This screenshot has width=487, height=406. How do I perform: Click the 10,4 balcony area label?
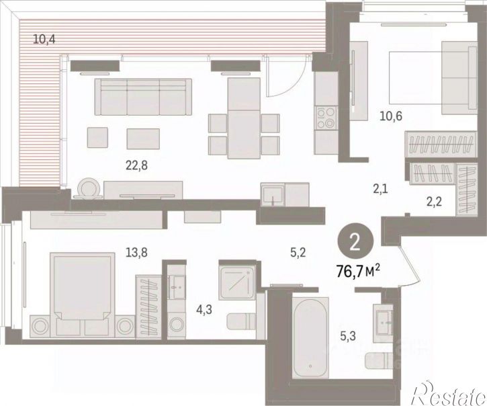point(44,40)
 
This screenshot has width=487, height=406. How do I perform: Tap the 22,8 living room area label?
point(136,165)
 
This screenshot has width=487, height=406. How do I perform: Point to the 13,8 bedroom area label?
point(136,253)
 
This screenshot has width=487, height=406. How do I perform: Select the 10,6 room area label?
point(391,116)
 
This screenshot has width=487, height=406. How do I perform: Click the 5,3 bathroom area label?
point(348,336)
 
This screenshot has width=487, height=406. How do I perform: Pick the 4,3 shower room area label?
point(204,310)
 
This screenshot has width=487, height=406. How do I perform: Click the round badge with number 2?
point(355,243)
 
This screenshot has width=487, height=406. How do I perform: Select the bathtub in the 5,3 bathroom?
point(310,338)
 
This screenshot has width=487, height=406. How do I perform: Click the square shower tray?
point(237,283)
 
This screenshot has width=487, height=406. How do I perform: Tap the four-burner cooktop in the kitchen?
point(326,118)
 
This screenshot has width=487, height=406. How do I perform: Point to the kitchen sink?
point(273,195)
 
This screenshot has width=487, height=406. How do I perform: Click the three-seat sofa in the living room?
point(143,97)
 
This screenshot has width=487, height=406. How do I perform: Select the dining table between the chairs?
point(244,118)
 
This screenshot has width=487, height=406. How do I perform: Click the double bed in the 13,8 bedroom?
point(83,294)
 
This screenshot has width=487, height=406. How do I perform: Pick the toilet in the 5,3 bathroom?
point(380,360)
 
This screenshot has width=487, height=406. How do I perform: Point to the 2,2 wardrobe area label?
point(433,202)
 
